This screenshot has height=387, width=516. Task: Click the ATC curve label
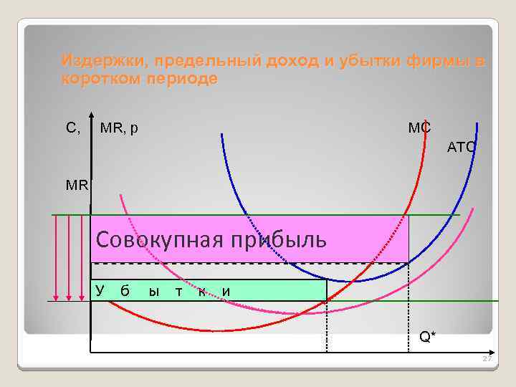(x=461, y=148)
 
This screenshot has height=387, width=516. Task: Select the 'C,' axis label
(x=73, y=128)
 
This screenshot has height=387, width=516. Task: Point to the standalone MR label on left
(x=77, y=184)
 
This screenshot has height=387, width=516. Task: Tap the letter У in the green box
(x=100, y=290)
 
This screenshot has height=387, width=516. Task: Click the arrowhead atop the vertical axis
(x=92, y=117)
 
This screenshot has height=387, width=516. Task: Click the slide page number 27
(x=487, y=359)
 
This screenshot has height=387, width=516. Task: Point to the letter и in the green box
(x=226, y=291)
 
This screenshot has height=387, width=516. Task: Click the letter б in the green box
(x=125, y=291)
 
